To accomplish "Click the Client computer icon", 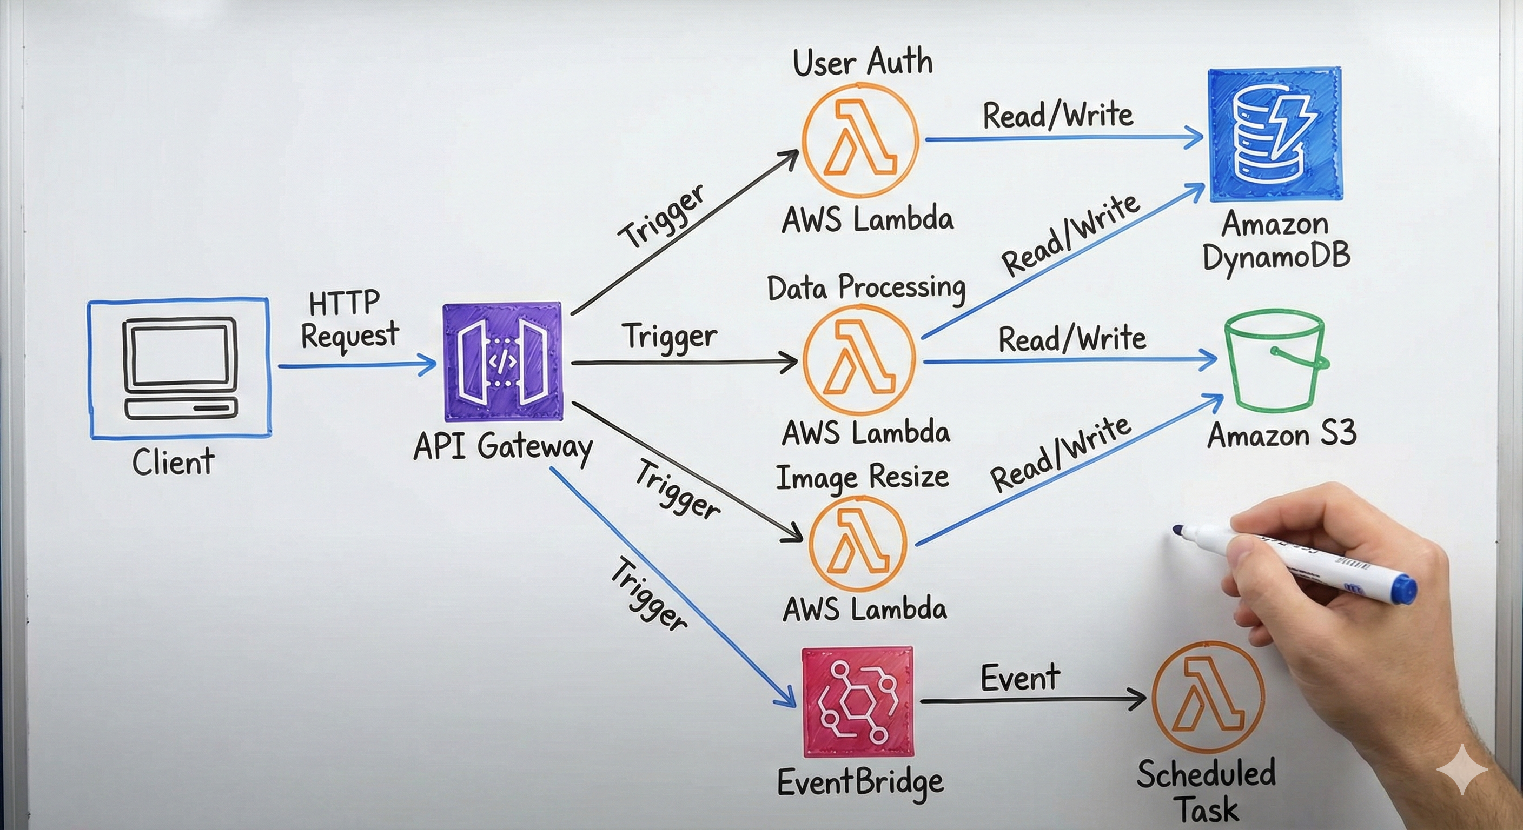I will [180, 369].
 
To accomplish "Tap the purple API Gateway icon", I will [502, 362].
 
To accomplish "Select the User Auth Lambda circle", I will [860, 139].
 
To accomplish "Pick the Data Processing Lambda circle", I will [860, 360].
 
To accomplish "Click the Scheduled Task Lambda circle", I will [1208, 697].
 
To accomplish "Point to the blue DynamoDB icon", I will [1275, 135].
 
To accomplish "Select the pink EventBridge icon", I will [858, 702].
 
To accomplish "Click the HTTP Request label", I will [349, 320].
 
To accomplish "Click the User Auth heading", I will [863, 63].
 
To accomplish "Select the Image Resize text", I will [863, 477].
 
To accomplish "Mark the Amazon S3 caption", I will [1282, 436].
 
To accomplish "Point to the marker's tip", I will [1177, 530].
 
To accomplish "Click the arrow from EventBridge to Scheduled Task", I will [1032, 700].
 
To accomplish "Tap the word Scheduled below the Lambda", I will [1206, 774].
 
